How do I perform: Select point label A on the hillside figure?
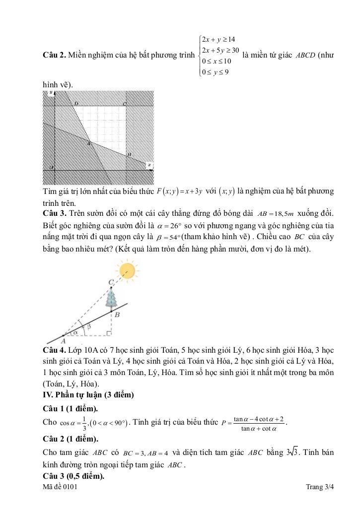pos(63,341)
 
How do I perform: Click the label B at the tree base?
pos(117,315)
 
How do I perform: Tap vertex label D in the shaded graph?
pos(76,104)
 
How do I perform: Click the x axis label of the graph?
pos(149,165)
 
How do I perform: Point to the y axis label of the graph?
pos(51,93)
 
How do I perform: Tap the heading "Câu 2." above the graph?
pos(55,54)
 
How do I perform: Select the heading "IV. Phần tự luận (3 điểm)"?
pos(88,395)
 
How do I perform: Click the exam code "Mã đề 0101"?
pos(61,487)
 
